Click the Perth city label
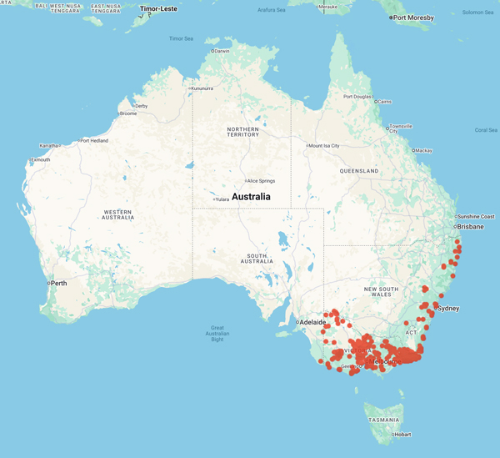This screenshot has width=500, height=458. tap(58, 284)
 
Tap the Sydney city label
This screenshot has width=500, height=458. tap(448, 308)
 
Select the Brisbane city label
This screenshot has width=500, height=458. tap(471, 226)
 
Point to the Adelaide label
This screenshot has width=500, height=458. tap(312, 321)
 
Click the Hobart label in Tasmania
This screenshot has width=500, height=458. tap(403, 434)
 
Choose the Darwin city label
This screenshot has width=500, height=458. tap(221, 51)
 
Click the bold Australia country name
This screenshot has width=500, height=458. tap(251, 197)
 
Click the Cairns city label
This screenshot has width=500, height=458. tap(383, 102)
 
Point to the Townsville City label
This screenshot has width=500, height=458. tap(402, 128)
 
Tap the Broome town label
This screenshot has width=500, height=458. tap(128, 113)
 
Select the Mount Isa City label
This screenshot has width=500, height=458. tap(325, 145)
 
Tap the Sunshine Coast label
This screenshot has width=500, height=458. tap(475, 216)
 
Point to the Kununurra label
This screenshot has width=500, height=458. tap(207, 88)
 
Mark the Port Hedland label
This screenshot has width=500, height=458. tap(96, 140)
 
